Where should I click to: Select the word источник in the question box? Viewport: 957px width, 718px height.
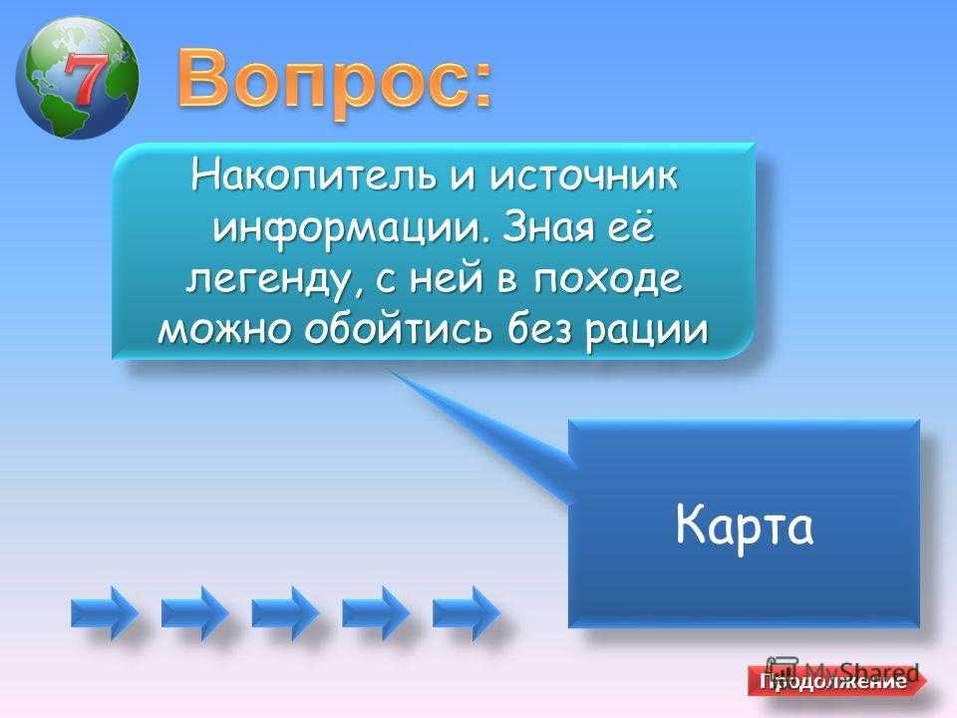coord(585,176)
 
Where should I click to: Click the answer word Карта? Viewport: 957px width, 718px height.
coord(744,526)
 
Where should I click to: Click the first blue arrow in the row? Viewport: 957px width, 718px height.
coord(104,612)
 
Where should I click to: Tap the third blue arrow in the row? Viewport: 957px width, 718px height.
coord(285,612)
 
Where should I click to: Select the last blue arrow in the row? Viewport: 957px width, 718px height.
coord(466,612)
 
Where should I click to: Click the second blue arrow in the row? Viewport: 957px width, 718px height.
coord(194,612)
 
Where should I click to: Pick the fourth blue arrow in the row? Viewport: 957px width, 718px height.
coord(376,612)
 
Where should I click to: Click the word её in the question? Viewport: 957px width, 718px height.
coord(629,227)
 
